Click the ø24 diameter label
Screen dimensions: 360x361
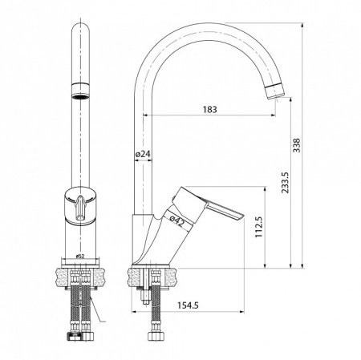(139, 152)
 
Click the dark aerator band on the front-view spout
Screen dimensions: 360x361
(80, 88)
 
